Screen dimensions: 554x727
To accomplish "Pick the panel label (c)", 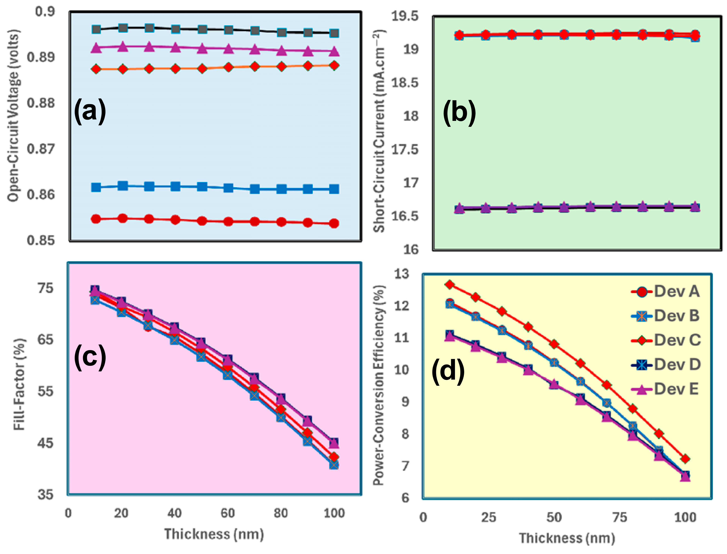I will coord(90,358).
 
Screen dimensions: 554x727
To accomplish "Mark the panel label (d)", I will coord(448,372).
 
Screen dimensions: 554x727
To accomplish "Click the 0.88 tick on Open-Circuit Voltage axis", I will coord(41,103).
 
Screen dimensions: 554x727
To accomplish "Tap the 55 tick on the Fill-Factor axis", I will coord(45,391).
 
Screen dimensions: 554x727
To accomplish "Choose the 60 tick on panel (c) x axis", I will coord(227,513).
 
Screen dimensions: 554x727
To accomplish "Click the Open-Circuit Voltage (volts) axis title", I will coord(14,115).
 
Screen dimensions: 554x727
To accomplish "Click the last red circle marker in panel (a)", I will coord(334,223).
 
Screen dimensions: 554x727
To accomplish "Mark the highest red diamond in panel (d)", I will coord(449,285).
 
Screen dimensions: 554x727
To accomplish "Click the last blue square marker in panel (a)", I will coord(334,189).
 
